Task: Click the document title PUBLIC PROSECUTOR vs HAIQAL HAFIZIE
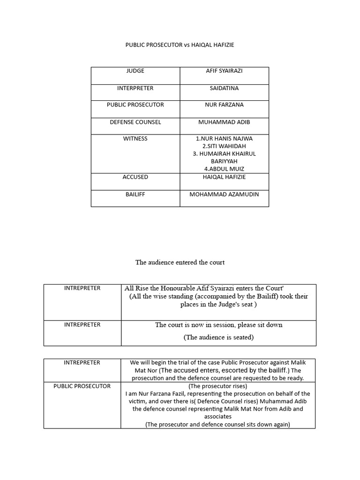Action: (x=180, y=45)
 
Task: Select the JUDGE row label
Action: (x=135, y=71)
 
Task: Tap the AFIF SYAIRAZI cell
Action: (x=224, y=71)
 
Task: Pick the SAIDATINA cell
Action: (x=224, y=88)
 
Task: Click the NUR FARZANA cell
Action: (x=224, y=105)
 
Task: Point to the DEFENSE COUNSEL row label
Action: (x=135, y=122)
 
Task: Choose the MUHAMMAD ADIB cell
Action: (x=224, y=122)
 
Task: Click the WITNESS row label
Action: (x=135, y=139)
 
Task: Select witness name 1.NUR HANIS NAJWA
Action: (x=224, y=139)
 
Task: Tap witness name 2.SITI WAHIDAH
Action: (x=224, y=146)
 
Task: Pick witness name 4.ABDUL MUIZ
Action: (x=224, y=169)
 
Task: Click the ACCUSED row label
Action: (x=135, y=177)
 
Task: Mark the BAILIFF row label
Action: (x=135, y=194)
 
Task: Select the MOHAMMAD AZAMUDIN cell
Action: (x=224, y=194)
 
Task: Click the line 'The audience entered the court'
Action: (x=180, y=262)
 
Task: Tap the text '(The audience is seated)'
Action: (x=218, y=337)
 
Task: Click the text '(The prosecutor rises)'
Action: (x=217, y=386)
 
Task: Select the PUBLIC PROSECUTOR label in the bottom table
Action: (x=82, y=386)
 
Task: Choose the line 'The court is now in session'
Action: (x=218, y=325)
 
